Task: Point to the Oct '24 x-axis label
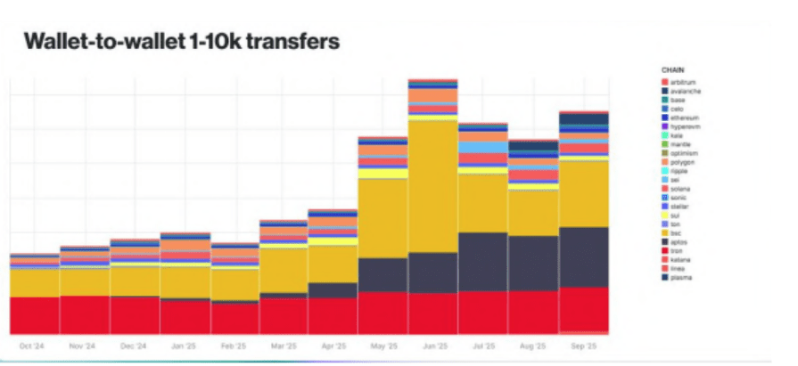[34, 346]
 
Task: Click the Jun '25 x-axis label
[432, 346]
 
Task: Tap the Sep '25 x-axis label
[583, 346]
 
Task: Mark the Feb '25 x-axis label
[234, 346]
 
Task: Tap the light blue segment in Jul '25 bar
[482, 147]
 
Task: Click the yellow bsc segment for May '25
[383, 218]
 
